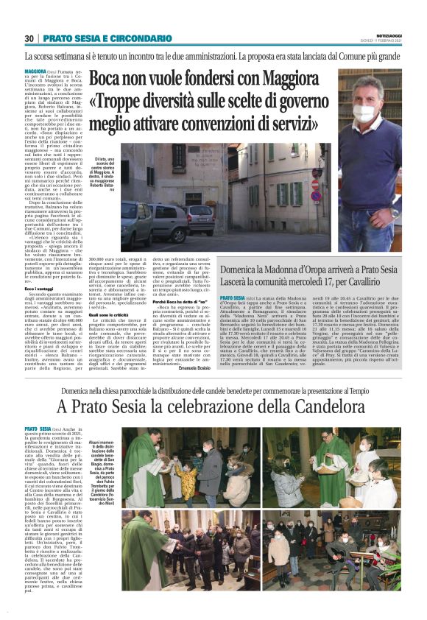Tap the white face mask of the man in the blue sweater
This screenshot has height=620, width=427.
point(365,114)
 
